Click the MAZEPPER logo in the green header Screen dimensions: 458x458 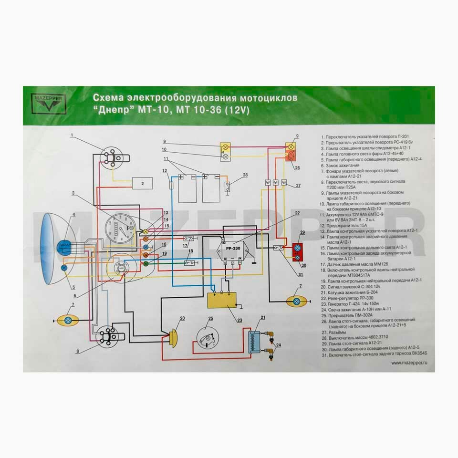(x=50, y=104)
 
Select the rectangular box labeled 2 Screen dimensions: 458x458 (x=142, y=183)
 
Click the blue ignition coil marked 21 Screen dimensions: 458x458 (x=256, y=341)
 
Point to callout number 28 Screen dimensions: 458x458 (x=245, y=176)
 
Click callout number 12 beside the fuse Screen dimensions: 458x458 (x=164, y=170)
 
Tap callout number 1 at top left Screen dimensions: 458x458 (x=72, y=135)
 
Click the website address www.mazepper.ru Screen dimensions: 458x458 (x=412, y=363)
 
